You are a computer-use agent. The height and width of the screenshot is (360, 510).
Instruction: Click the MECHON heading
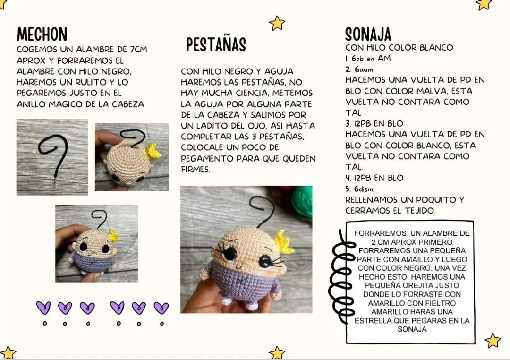coord(42,34)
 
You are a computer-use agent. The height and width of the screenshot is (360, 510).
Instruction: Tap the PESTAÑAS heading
coord(216,45)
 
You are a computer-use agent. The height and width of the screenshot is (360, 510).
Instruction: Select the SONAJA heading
coord(368,34)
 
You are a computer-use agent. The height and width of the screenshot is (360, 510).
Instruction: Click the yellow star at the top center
coord(277,23)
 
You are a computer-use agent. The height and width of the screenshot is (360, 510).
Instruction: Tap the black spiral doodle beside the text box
coord(342,274)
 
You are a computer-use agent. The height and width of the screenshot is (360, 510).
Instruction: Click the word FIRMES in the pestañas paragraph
coord(195,169)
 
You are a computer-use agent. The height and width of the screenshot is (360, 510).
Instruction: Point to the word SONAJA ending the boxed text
coord(412,329)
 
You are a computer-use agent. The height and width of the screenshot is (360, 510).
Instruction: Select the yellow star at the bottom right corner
coord(493,340)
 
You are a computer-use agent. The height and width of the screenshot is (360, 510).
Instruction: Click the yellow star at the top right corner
coord(484,4)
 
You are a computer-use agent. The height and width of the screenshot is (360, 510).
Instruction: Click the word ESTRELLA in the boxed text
coord(372,321)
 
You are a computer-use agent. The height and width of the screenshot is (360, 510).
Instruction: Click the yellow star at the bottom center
coord(277,352)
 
